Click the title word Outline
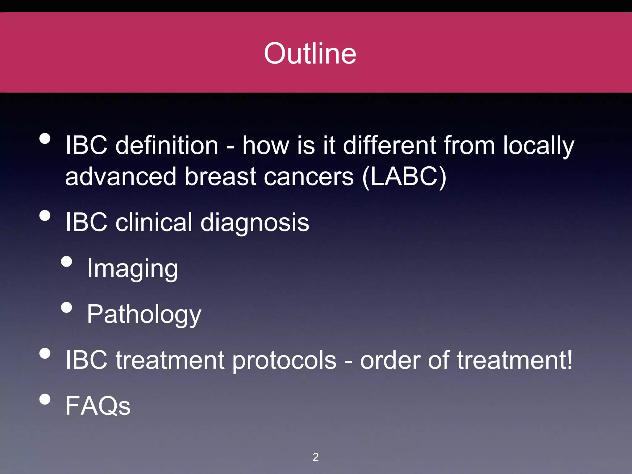click(x=310, y=54)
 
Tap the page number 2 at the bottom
click(x=315, y=457)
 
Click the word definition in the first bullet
click(x=167, y=145)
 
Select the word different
click(x=389, y=145)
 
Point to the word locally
click(x=538, y=146)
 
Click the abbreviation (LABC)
click(x=404, y=177)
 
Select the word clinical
click(x=154, y=222)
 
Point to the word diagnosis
click(x=255, y=223)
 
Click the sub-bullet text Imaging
click(x=132, y=269)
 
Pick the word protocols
click(x=284, y=360)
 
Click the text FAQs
click(x=98, y=406)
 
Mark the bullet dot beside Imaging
click(x=67, y=262)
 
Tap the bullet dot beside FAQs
click(x=45, y=399)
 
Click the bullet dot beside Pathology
click(x=67, y=307)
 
